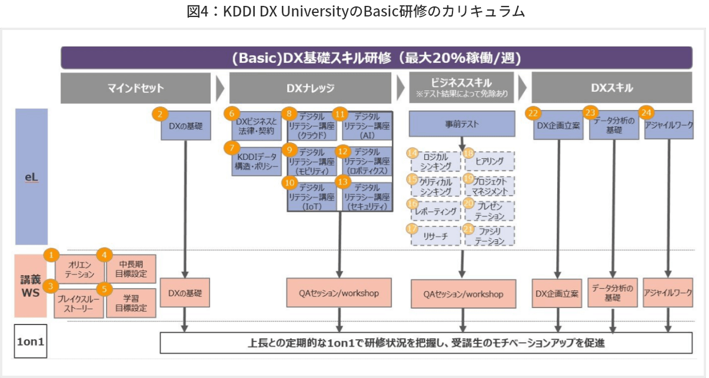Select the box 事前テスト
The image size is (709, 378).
(x=462, y=125)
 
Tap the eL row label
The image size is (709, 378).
(x=31, y=176)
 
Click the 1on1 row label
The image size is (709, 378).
(x=31, y=341)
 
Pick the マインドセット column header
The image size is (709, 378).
(x=135, y=88)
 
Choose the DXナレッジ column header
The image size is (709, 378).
(x=310, y=88)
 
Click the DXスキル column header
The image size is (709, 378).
(x=612, y=88)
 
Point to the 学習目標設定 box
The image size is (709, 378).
(x=131, y=303)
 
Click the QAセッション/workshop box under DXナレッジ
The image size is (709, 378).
(x=339, y=293)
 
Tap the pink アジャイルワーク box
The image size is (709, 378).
(x=668, y=292)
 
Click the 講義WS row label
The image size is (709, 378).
(x=31, y=285)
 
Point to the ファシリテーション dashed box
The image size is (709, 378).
(x=490, y=236)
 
